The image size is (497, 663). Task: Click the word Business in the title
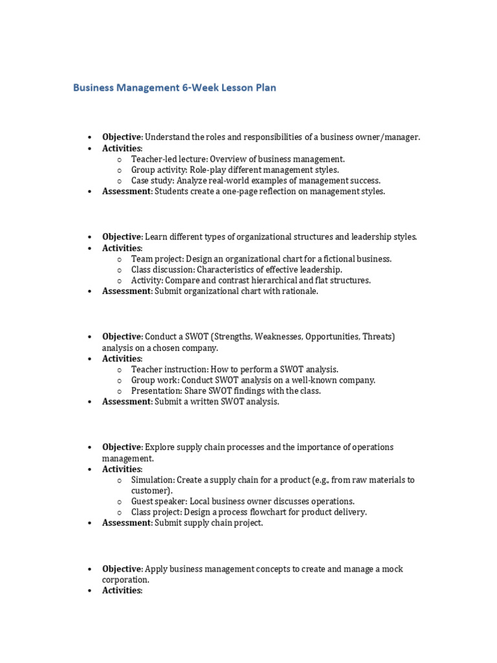94,87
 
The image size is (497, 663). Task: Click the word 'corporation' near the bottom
125,580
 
